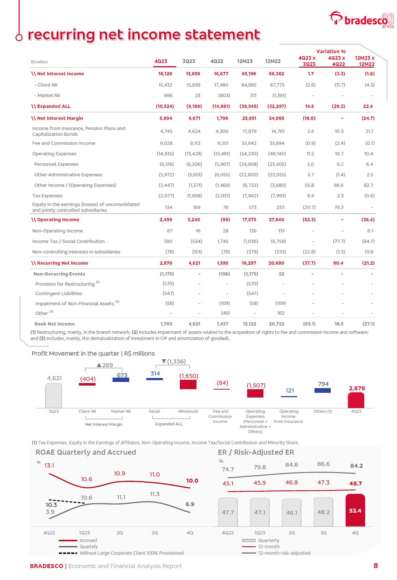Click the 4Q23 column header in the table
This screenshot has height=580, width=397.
click(161, 61)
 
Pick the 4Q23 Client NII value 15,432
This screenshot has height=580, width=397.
click(165, 85)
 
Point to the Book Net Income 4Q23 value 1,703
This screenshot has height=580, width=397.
click(166, 324)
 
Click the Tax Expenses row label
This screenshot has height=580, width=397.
click(47, 196)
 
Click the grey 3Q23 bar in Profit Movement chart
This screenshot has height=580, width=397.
click(54, 395)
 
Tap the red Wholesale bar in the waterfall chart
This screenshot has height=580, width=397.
click(188, 384)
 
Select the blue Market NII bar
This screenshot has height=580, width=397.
click(121, 380)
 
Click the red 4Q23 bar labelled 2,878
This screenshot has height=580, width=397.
click(356, 400)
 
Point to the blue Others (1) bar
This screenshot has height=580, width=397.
click(323, 390)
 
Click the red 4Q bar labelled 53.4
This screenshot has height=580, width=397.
click(355, 510)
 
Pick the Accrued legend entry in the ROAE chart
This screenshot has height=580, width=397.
click(88, 540)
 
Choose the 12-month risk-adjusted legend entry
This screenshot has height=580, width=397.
click(284, 553)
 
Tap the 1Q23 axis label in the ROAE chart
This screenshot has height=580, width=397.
click(84, 533)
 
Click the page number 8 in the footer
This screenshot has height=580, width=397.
click(375, 566)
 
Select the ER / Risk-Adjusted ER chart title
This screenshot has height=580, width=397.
click(255, 452)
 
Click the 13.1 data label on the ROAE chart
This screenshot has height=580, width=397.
click(49, 465)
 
